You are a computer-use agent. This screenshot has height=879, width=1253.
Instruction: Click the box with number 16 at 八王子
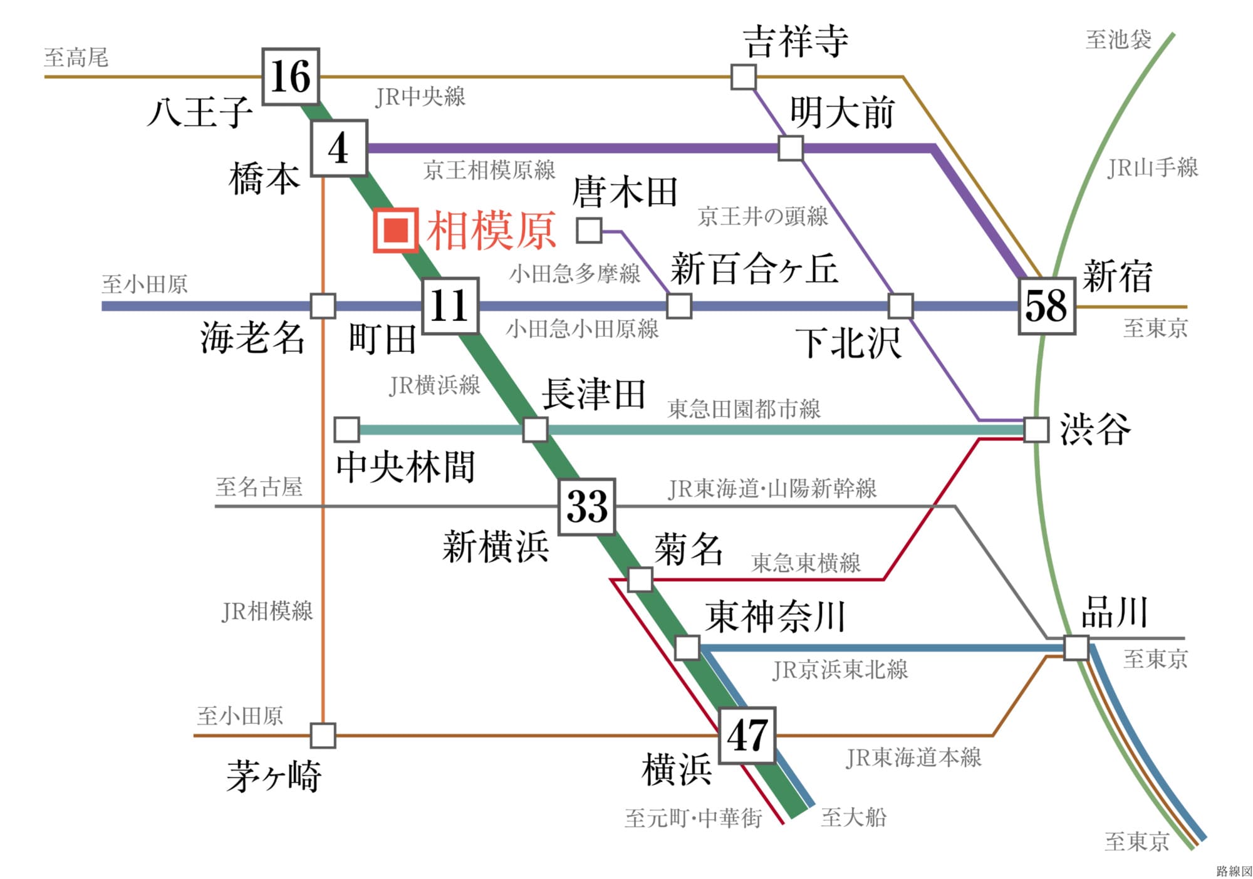pyautogui.click(x=291, y=76)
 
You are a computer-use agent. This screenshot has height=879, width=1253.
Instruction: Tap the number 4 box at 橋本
pyautogui.click(x=339, y=148)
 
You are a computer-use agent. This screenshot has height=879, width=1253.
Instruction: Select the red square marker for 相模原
pyautogui.click(x=396, y=231)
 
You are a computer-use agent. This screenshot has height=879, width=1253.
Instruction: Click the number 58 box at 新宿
pyautogui.click(x=1046, y=306)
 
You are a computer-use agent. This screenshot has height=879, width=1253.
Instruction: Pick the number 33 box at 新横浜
pyautogui.click(x=586, y=506)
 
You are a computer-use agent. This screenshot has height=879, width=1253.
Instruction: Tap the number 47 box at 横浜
pyautogui.click(x=747, y=736)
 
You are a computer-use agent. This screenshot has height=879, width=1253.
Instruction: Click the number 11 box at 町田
pyautogui.click(x=450, y=306)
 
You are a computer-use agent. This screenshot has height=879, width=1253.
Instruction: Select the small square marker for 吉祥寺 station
pyautogui.click(x=744, y=77)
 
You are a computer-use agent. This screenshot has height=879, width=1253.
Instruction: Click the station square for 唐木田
pyautogui.click(x=589, y=230)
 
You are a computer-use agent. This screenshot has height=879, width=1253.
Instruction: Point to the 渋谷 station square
pyautogui.click(x=1036, y=430)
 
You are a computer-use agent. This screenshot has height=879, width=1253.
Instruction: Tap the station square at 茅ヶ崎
pyautogui.click(x=323, y=736)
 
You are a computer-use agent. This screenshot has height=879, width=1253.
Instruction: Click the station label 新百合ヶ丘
pyautogui.click(x=754, y=269)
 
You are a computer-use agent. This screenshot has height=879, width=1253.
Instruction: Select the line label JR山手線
pyautogui.click(x=1152, y=168)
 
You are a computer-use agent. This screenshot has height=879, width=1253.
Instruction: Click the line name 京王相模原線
pyautogui.click(x=489, y=170)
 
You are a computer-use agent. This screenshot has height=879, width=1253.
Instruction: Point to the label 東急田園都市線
pyautogui.click(x=744, y=409)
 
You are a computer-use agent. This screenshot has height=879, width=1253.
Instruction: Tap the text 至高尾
pyautogui.click(x=76, y=58)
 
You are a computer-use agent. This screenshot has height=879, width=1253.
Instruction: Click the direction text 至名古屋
pyautogui.click(x=259, y=486)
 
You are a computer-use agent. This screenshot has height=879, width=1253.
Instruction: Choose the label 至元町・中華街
pyautogui.click(x=693, y=818)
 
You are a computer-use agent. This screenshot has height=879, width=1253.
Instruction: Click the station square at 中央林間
pyautogui.click(x=346, y=430)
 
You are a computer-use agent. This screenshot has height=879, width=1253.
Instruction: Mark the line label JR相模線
pyautogui.click(x=268, y=611)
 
